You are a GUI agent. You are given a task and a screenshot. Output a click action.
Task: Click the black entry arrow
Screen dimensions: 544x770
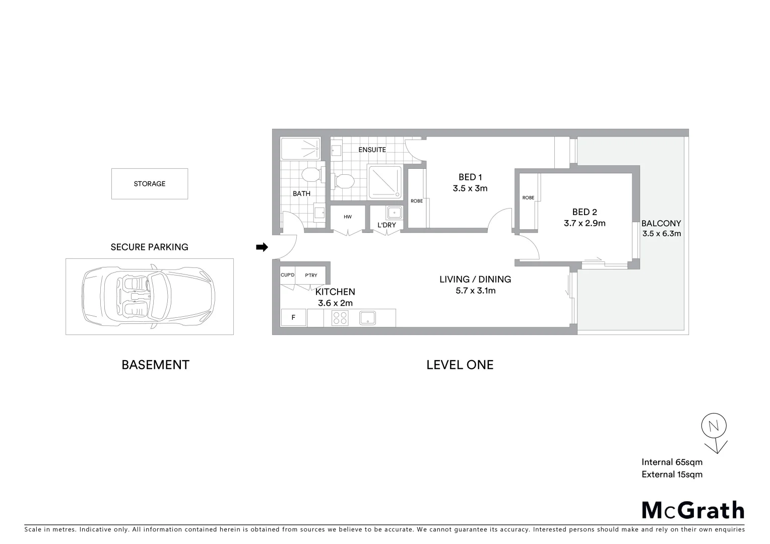262,247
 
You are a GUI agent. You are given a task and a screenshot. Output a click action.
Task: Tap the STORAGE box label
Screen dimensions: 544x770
149,184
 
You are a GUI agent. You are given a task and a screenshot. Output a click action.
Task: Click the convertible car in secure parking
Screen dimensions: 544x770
149,296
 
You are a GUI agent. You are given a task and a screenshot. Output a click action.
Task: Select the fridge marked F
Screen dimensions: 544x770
293,318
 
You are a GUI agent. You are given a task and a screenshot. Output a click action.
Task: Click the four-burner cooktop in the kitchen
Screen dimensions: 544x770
340,318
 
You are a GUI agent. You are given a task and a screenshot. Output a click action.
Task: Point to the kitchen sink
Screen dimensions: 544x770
368,318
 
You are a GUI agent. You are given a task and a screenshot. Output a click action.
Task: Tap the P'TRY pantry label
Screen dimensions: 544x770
311,275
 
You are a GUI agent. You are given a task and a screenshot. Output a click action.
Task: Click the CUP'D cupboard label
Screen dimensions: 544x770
287,275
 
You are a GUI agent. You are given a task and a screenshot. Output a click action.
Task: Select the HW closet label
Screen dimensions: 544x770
348,217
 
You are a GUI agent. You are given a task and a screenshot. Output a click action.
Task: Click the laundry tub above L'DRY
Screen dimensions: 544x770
394,212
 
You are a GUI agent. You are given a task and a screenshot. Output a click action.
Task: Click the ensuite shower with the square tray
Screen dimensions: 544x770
386,182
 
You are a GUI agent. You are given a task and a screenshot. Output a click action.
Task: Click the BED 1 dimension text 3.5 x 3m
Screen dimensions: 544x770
470,189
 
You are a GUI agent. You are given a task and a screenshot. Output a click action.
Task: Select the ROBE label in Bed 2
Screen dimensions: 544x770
528,198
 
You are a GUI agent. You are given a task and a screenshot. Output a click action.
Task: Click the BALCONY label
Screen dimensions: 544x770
661,223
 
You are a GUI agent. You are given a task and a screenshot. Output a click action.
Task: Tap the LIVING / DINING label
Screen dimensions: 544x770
475,279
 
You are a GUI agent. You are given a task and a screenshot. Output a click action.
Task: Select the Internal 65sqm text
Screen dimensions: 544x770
672,462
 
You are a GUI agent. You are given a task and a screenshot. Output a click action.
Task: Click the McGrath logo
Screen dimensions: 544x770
693,510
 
